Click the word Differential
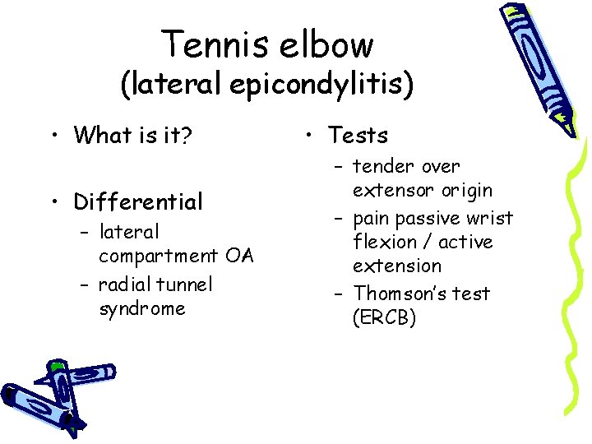pos(137,201)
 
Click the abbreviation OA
pos(239,257)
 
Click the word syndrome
pos(141,309)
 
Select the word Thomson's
pos(400,294)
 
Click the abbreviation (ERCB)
pos(384,318)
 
